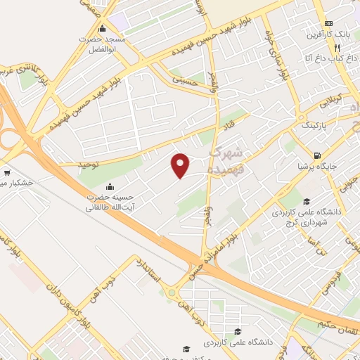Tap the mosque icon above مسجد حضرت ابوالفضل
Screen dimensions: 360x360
[103, 29]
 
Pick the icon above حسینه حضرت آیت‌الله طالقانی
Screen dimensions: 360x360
[110, 187]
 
